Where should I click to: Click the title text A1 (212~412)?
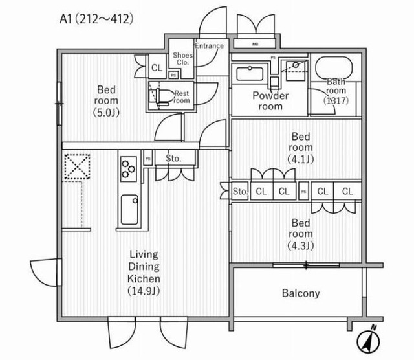coord(96,19)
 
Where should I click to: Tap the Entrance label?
coord(209,46)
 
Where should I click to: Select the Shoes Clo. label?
coord(181,59)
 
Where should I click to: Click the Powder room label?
coord(270,101)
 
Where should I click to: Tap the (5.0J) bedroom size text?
coord(106,113)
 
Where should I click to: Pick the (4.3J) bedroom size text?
coord(301,245)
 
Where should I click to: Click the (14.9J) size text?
coord(143,291)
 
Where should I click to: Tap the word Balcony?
coord(301,293)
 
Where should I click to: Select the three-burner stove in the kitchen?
coord(127,168)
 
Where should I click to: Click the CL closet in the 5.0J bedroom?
coord(157,67)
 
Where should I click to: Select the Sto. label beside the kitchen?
coord(173,159)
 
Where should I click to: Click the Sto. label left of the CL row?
coord(240,191)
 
